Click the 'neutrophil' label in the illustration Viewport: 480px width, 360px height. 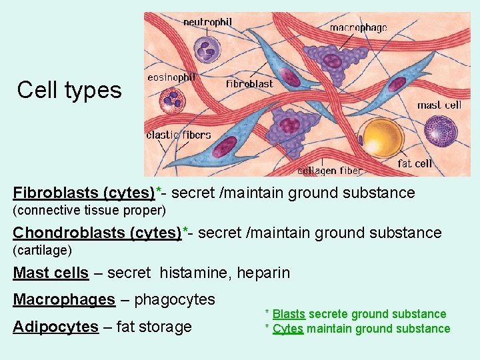(207, 22)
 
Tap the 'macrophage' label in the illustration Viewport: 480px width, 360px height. (358, 28)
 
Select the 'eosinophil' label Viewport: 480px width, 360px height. (171, 77)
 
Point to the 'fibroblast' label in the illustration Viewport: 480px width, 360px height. (249, 84)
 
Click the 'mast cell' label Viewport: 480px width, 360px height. (439, 105)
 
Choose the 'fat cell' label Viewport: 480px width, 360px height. (415, 163)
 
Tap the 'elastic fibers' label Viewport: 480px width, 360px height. (179, 135)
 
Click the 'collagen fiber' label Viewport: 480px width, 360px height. (329, 171)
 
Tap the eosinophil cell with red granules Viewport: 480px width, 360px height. (172, 101)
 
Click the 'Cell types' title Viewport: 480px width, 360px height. (69, 89)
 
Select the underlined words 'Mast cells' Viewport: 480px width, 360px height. (51, 273)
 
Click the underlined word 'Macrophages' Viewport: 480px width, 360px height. (64, 299)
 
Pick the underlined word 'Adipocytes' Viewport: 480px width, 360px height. (55, 327)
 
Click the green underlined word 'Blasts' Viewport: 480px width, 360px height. (289, 314)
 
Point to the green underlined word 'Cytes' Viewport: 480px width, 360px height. (288, 328)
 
